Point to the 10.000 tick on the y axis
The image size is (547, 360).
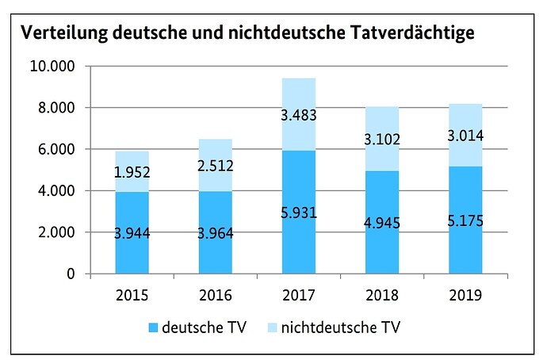[52, 66]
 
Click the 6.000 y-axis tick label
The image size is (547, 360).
[56, 149]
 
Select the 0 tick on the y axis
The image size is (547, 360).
[71, 274]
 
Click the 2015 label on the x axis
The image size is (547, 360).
[132, 296]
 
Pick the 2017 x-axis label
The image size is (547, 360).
[299, 296]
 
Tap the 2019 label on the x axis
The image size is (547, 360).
[465, 296]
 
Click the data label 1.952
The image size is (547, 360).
[132, 172]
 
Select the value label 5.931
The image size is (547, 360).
[299, 213]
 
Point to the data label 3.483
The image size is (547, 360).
[299, 115]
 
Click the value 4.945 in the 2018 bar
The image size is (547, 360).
[382, 223]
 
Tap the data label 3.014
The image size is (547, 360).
[465, 136]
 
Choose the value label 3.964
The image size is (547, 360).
[216, 233]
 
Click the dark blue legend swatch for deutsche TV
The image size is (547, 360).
[153, 328]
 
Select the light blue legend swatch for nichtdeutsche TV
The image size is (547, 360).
[272, 328]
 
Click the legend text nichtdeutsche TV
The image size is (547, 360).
[341, 327]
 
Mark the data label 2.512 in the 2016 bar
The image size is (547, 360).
[216, 166]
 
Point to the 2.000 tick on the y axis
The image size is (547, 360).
[56, 232]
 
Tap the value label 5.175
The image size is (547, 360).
[465, 221]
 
